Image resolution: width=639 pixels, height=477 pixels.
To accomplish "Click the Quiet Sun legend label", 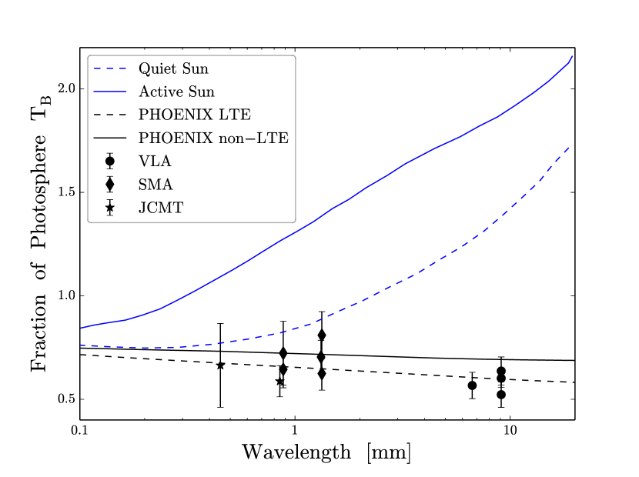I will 173,68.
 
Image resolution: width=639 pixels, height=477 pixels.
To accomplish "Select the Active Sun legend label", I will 176,92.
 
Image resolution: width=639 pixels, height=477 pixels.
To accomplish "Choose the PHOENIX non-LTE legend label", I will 213,138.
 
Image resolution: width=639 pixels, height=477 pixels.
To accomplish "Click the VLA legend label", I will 156,162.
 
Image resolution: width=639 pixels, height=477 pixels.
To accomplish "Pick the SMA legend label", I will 156,185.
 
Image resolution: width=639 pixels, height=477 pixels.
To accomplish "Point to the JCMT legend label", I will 162,208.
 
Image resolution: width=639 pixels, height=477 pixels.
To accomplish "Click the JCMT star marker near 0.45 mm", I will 220,365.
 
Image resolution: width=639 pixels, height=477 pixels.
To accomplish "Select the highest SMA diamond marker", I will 321,335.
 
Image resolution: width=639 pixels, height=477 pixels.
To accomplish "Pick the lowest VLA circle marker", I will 501,395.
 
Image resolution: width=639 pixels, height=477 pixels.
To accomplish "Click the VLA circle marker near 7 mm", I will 473,385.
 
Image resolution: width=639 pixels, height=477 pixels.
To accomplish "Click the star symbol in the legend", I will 110,208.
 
